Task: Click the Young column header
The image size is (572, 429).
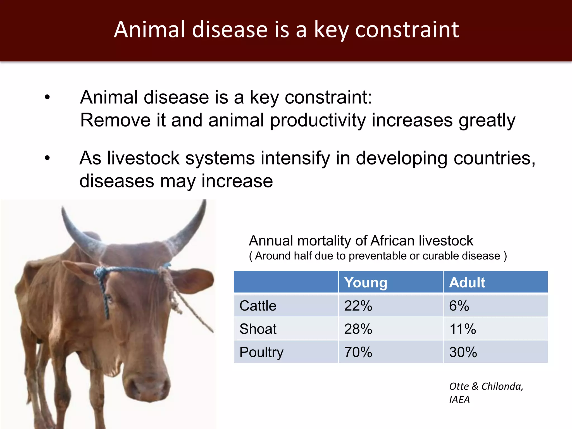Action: (x=366, y=282)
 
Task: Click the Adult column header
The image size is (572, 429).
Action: (x=467, y=282)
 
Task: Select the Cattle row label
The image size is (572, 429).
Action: (x=258, y=306)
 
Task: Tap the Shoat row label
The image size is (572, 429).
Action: (x=258, y=329)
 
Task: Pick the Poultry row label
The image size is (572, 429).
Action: (x=261, y=352)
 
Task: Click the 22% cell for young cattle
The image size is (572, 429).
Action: (x=358, y=306)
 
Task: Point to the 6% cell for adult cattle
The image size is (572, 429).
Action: (x=459, y=306)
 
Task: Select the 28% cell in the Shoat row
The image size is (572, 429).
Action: (x=358, y=329)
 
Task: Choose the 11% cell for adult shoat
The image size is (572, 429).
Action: (x=463, y=329)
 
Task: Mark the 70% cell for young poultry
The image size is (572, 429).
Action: (x=358, y=352)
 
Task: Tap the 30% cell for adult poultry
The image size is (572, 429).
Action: (x=463, y=352)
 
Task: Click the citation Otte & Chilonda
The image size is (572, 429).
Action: (x=486, y=386)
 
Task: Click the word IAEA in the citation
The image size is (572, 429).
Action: (x=459, y=400)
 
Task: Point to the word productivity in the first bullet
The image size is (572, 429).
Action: (x=318, y=120)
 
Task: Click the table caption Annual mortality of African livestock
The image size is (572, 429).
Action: (x=361, y=241)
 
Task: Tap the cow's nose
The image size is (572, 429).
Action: (x=148, y=387)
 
